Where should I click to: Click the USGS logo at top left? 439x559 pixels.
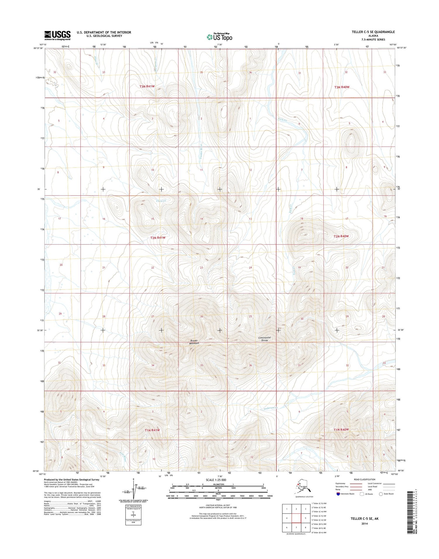57,35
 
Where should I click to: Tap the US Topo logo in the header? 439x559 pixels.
220,37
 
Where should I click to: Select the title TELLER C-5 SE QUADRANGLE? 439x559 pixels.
373,32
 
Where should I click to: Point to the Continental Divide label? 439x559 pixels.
265,339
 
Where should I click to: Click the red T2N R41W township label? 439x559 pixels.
158,238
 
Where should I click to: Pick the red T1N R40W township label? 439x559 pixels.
341,429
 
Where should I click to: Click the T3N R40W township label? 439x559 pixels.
342,87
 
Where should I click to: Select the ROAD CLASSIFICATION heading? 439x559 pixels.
364,479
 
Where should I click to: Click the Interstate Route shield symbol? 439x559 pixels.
339,494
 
